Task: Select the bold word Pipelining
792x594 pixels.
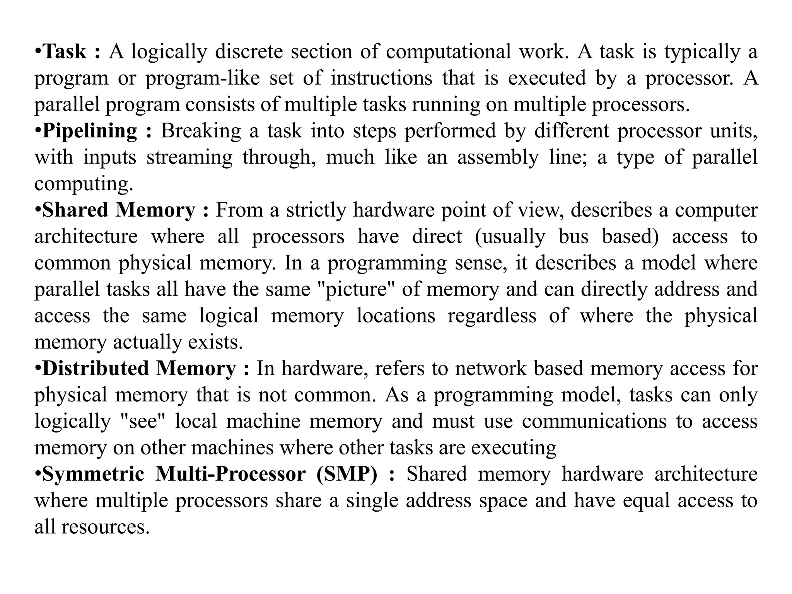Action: [x=90, y=131]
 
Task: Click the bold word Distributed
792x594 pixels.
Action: [x=96, y=368]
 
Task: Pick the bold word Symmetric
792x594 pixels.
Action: [x=93, y=474]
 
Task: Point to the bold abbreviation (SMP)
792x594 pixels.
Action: [x=346, y=474]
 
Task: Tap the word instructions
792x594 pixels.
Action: [x=381, y=78]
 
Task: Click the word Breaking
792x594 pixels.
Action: [x=201, y=131]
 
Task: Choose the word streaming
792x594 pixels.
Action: [x=189, y=158]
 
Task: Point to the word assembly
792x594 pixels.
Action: [x=498, y=158]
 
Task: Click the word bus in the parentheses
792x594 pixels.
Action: [x=574, y=237]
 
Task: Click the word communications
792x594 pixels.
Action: [x=594, y=421]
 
